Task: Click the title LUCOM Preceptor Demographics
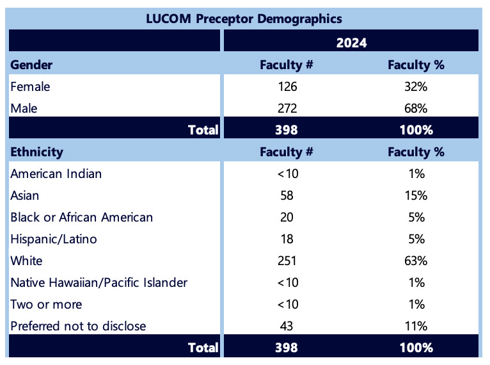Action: [244, 18]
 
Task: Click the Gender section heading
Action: [31, 65]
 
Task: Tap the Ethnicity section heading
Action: [36, 152]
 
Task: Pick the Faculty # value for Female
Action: [287, 86]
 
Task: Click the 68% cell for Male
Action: [416, 108]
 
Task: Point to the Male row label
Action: [24, 108]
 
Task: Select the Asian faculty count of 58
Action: [287, 195]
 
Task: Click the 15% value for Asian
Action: [416, 195]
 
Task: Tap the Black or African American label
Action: [82, 217]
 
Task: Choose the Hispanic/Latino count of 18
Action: [287, 239]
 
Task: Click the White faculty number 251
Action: [287, 261]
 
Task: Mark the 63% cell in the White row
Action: [416, 261]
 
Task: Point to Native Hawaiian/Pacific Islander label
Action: [99, 282]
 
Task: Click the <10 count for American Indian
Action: [287, 174]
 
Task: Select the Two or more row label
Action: [46, 304]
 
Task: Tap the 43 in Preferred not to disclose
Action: [287, 326]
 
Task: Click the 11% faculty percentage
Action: [416, 326]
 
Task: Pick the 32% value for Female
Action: [416, 86]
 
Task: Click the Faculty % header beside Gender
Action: [416, 65]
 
